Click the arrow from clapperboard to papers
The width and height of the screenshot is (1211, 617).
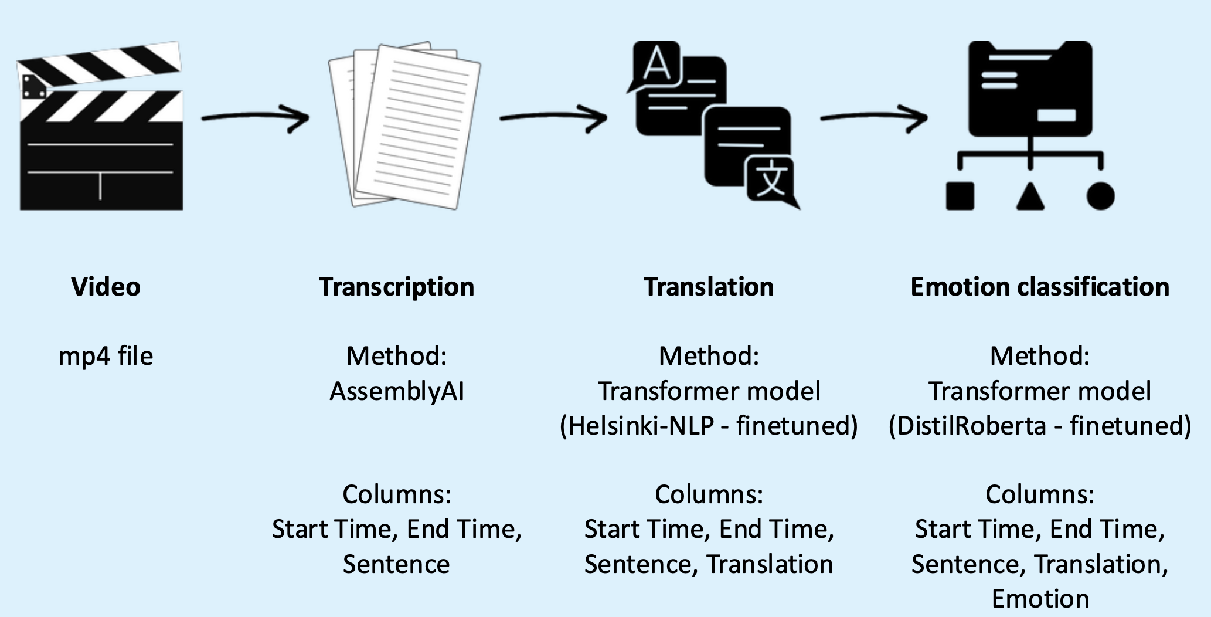pyautogui.click(x=255, y=118)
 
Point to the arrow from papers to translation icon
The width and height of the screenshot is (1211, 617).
pyautogui.click(x=553, y=118)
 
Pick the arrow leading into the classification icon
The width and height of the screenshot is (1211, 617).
pyautogui.click(x=873, y=118)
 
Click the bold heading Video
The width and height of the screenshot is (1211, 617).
pyautogui.click(x=106, y=287)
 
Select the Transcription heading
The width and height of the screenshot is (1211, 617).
pyautogui.click(x=397, y=287)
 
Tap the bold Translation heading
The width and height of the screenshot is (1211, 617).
pyautogui.click(x=709, y=287)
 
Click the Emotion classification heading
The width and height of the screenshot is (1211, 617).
pyautogui.click(x=1040, y=287)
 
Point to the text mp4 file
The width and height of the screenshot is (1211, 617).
pyautogui.click(x=106, y=356)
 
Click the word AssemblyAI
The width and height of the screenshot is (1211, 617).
pyautogui.click(x=397, y=391)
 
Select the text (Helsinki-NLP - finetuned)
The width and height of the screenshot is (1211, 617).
pyautogui.click(x=709, y=426)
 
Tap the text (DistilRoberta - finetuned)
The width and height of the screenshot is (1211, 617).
pyautogui.click(x=1040, y=426)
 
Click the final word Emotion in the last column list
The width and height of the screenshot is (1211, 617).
pyautogui.click(x=1040, y=599)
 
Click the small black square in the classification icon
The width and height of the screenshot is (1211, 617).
pyautogui.click(x=960, y=196)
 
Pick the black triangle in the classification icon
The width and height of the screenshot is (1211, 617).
pyautogui.click(x=1030, y=196)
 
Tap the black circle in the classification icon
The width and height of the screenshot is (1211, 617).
pyautogui.click(x=1100, y=196)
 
